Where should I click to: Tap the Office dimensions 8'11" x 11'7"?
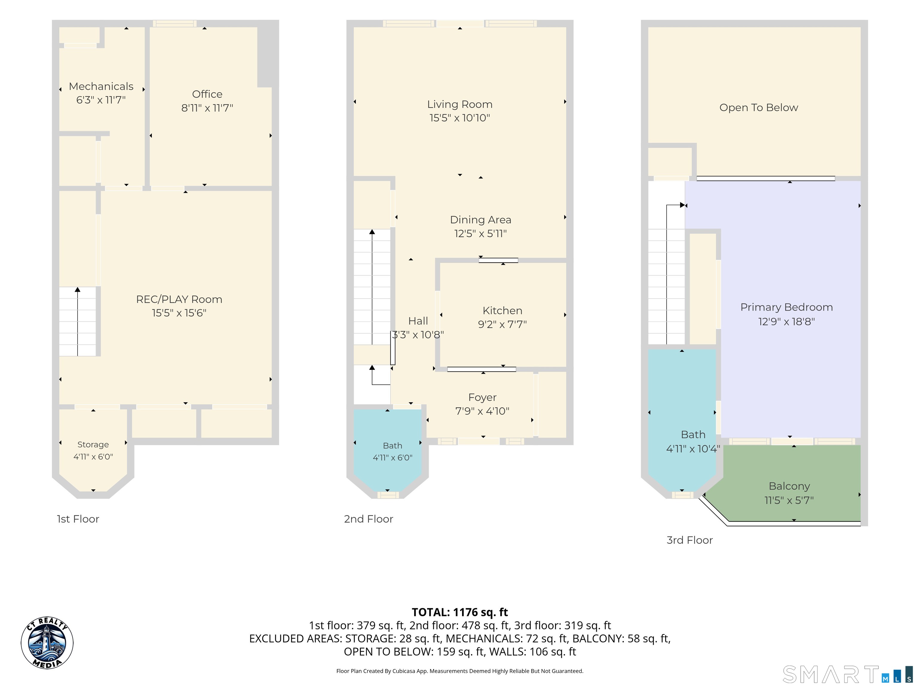point(207,108)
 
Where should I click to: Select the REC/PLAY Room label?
point(179,299)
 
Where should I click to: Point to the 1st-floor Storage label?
point(93,445)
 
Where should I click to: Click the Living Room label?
point(460,105)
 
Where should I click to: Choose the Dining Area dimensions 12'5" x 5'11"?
point(480,233)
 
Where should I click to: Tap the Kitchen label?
point(503,310)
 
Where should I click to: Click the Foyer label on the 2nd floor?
point(482,398)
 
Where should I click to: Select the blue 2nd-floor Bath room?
point(388,449)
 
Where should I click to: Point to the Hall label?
point(418,321)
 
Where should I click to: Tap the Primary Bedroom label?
point(786,307)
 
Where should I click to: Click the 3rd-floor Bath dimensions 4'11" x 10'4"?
point(693,449)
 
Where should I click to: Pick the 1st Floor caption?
point(78,519)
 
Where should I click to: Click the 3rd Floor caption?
point(690,540)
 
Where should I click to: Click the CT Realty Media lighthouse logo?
point(47,643)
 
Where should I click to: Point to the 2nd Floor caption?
point(368,519)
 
